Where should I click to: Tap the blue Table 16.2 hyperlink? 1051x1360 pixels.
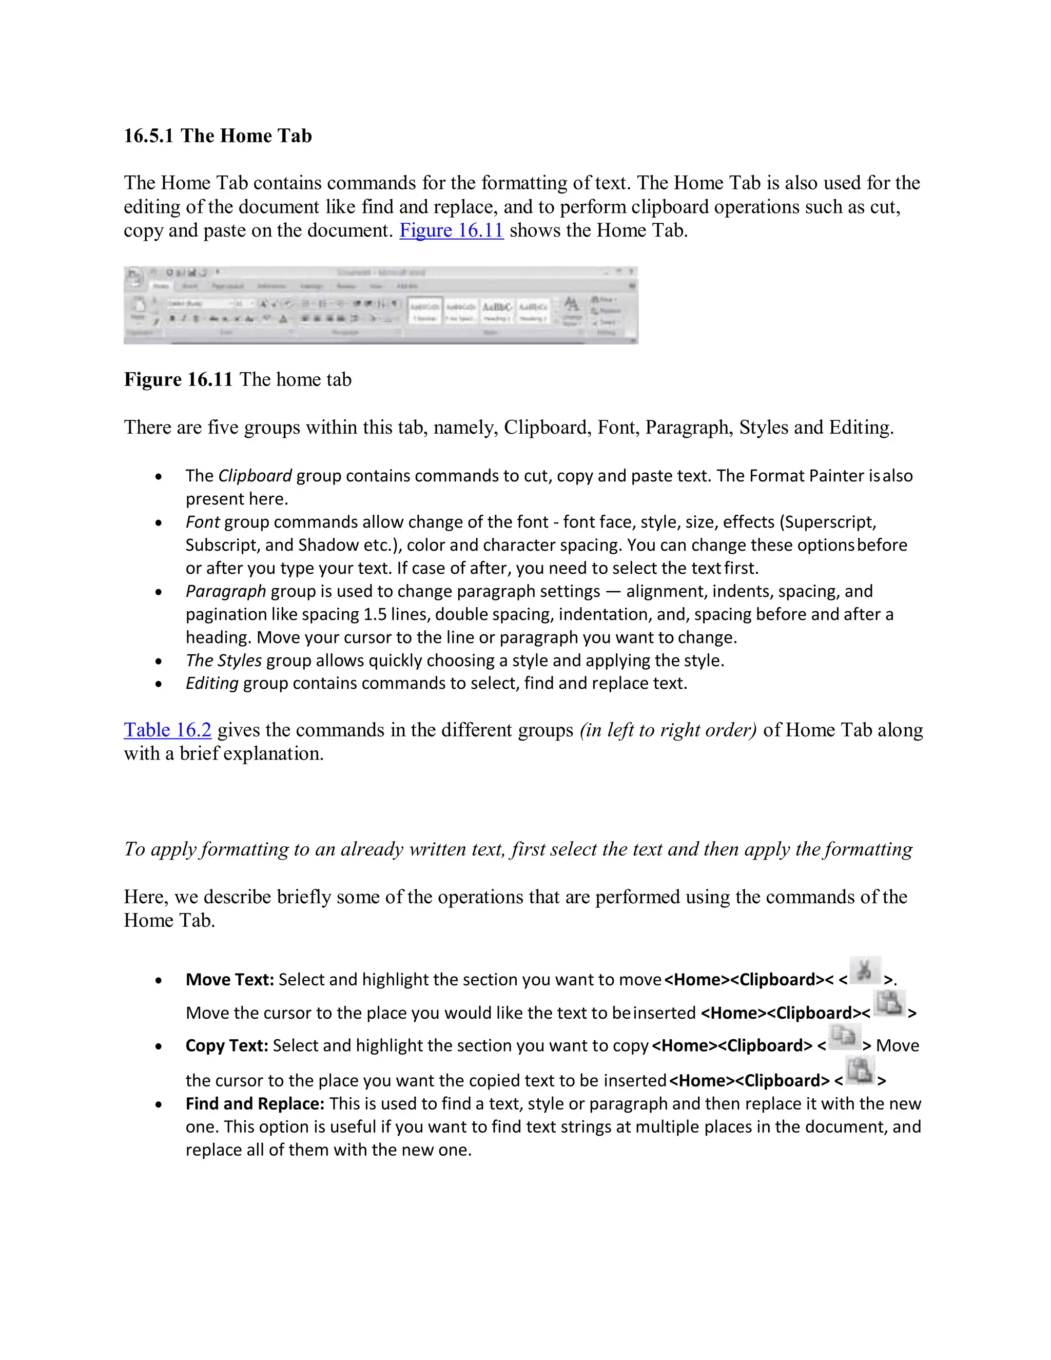[167, 730]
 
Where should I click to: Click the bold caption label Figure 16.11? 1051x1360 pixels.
[178, 379]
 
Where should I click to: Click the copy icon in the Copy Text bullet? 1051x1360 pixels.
[844, 1037]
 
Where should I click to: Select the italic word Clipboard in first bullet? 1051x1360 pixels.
[255, 476]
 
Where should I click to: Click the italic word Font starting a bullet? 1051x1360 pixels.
[202, 522]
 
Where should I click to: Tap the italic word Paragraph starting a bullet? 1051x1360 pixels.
[225, 591]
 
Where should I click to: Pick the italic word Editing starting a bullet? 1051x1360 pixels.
[212, 683]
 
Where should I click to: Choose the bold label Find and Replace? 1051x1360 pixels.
[255, 1103]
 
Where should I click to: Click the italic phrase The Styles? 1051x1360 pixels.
[224, 660]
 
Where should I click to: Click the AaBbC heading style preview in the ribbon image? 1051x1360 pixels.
[497, 307]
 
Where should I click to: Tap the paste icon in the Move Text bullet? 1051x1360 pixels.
[889, 1004]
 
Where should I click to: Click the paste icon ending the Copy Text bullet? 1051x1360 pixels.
[861, 1071]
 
